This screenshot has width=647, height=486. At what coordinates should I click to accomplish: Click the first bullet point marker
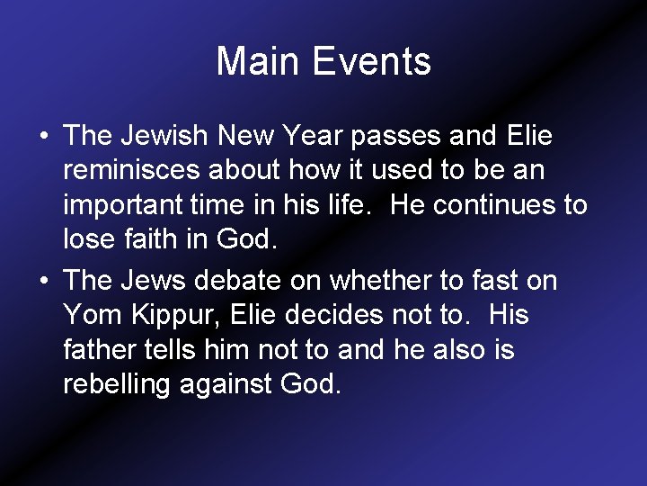[43, 137]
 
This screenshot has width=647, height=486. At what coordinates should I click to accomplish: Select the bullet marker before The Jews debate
[43, 282]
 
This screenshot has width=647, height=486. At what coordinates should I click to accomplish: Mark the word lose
[85, 239]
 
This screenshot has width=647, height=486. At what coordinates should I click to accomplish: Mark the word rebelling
[118, 385]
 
